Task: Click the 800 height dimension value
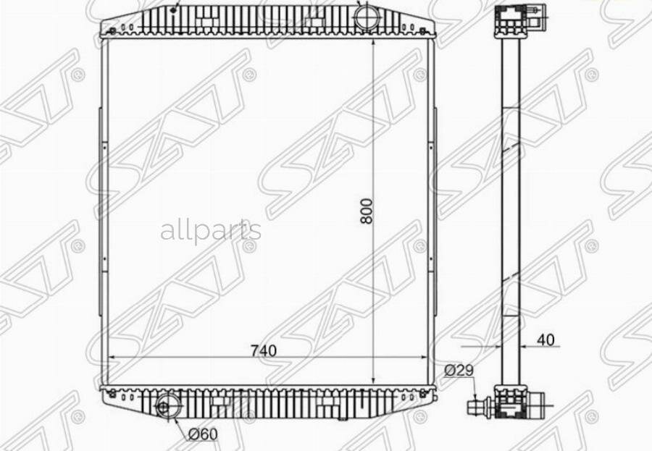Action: (x=367, y=211)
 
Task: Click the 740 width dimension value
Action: (x=264, y=351)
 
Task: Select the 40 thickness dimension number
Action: (x=546, y=340)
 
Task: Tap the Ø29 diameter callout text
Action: (x=459, y=371)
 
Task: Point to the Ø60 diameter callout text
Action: (x=203, y=435)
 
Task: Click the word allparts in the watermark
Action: (x=211, y=231)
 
